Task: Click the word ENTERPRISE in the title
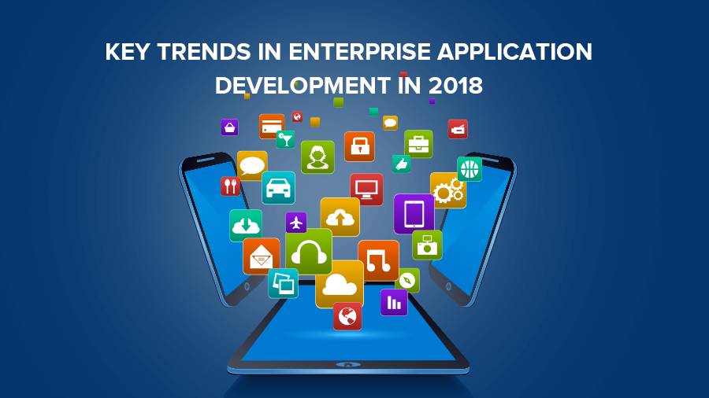point(359,51)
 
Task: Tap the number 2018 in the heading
point(455,85)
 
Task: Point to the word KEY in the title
point(127,51)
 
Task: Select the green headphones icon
point(309,252)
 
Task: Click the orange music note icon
point(378,260)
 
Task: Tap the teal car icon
point(279,188)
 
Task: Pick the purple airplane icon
point(296,223)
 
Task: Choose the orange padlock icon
point(359,146)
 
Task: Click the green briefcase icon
point(419,144)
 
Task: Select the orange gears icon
point(448,190)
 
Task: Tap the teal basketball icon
point(470,169)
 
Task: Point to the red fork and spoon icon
point(230,186)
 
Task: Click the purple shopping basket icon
point(230,127)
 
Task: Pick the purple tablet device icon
point(414,214)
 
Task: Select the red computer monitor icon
point(366,189)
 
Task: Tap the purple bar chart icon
point(394,302)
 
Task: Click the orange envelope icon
point(262,256)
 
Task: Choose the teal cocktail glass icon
point(286,139)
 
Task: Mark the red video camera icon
point(458,129)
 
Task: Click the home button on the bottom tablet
point(347,364)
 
